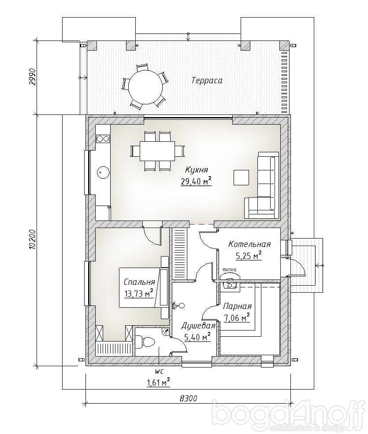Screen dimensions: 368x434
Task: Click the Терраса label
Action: tap(207, 81)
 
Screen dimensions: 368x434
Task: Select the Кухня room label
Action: tap(196, 169)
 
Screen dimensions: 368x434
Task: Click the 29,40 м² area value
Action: tap(196, 181)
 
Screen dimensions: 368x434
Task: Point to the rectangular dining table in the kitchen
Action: tap(157, 151)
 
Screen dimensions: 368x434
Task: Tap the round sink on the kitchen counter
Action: tap(103, 173)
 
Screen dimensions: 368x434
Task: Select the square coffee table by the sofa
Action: tap(241, 177)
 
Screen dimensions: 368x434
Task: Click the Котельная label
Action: tap(249, 244)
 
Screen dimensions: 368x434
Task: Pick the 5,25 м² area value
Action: tap(249, 256)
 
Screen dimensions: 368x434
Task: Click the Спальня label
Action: tap(139, 282)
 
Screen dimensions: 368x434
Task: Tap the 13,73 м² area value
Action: tap(139, 294)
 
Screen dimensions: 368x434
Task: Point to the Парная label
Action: tap(237, 306)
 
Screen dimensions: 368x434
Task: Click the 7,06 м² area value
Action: tap(237, 318)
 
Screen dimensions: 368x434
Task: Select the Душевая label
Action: tap(198, 326)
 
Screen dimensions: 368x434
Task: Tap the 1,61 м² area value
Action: tap(158, 383)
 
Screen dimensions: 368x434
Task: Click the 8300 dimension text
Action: tap(189, 399)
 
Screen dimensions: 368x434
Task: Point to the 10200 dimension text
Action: tap(33, 239)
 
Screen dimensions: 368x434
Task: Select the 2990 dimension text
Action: tap(33, 77)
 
